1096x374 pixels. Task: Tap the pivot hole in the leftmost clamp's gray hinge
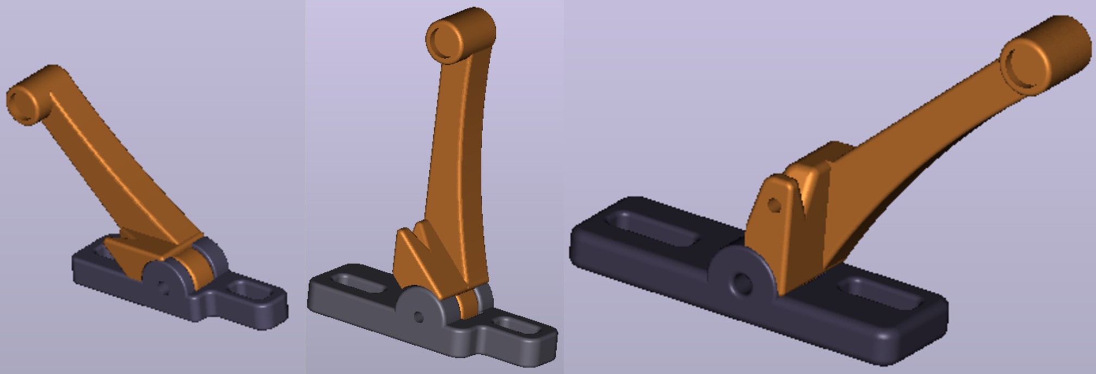click(162, 285)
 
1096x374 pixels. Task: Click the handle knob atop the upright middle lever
click(460, 36)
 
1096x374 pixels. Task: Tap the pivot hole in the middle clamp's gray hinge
click(418, 317)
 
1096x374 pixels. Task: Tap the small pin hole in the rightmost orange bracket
click(774, 205)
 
